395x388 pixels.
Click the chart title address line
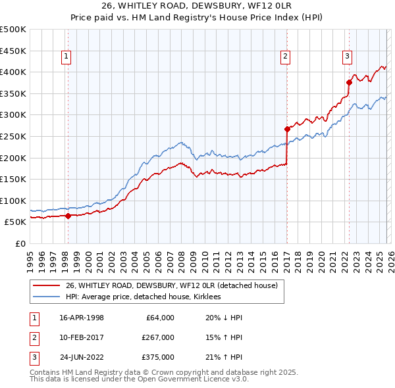[197, 7]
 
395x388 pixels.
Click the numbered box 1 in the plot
[67, 57]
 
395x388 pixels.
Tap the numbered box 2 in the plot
[285, 57]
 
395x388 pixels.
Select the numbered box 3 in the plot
[347, 57]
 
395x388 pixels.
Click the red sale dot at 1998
[68, 215]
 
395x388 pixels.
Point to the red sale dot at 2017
[287, 129]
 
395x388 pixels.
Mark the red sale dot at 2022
[350, 82]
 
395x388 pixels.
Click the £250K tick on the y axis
[13, 136]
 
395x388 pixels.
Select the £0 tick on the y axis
[19, 244]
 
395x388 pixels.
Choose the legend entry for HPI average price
[143, 297]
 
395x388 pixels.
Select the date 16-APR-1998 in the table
[82, 318]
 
